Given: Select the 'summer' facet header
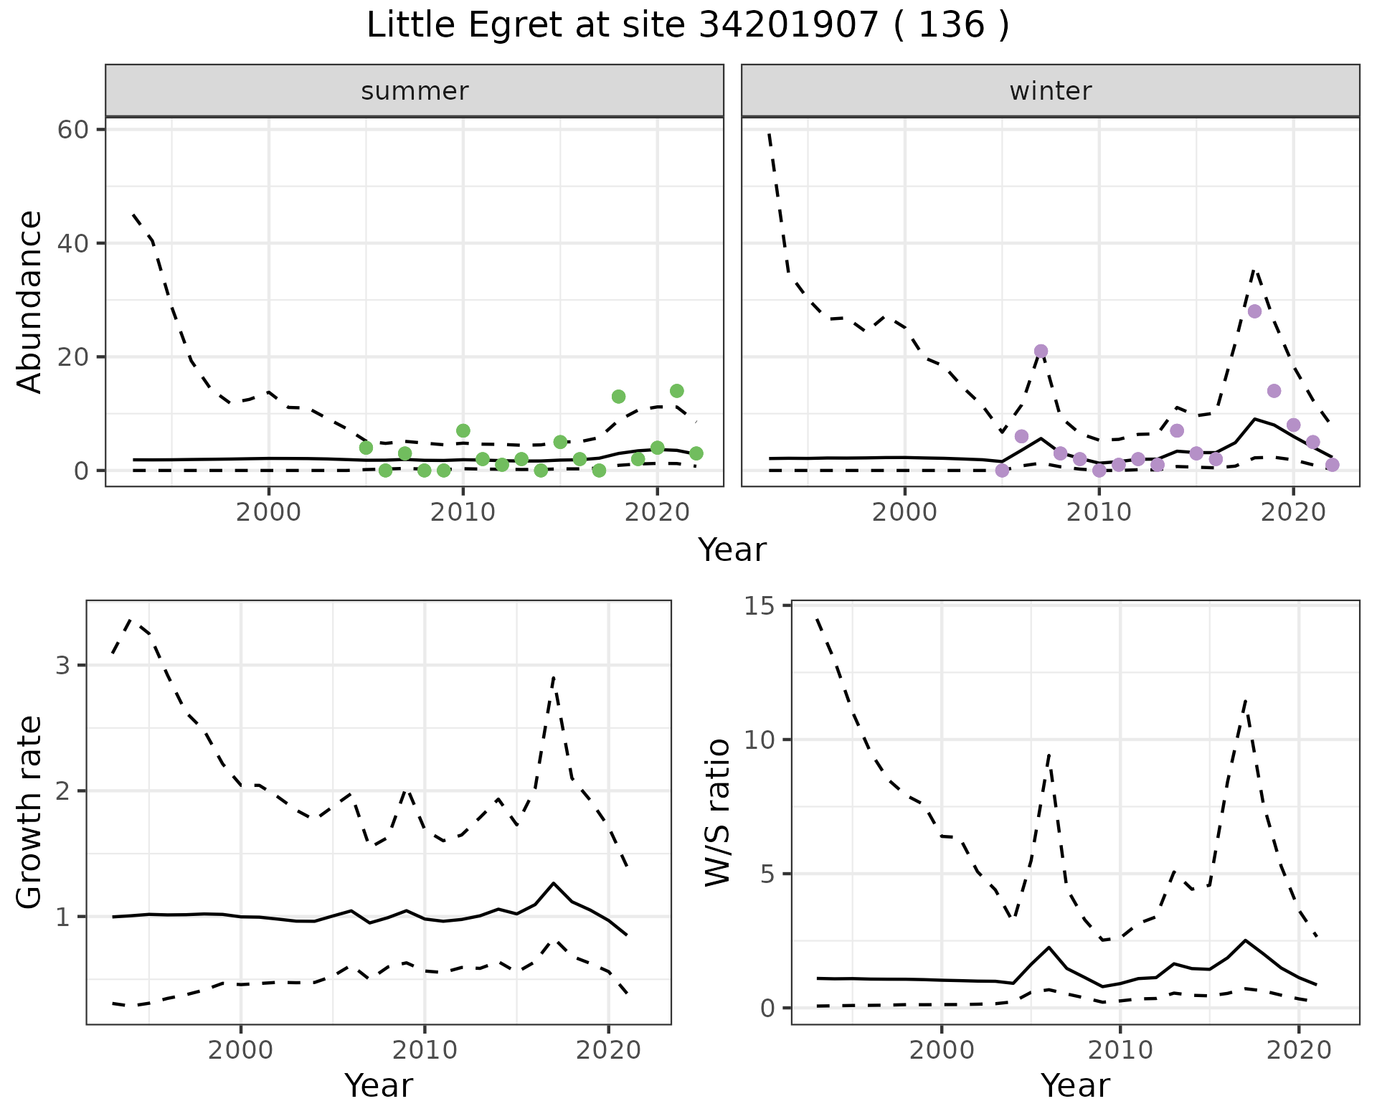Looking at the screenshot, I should click(x=415, y=91).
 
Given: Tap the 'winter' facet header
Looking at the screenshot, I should click(x=1050, y=91).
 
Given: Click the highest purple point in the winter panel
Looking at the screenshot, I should click(x=1254, y=311).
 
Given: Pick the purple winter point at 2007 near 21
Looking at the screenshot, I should click(x=1041, y=351).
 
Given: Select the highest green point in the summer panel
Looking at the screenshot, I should click(x=676, y=391).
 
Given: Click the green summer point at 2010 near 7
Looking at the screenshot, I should click(x=463, y=430).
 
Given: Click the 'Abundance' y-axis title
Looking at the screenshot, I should click(x=30, y=301).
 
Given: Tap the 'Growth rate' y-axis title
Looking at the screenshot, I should click(x=30, y=812).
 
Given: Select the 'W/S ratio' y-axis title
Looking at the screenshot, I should click(x=717, y=812).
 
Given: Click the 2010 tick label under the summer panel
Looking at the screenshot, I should click(x=463, y=512).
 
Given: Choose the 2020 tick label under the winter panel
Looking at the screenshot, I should click(x=1292, y=512).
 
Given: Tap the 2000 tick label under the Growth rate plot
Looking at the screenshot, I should click(x=241, y=1050).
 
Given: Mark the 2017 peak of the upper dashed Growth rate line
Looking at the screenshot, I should click(x=554, y=677).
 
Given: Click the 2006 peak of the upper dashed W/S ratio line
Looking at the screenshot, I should click(x=1049, y=754).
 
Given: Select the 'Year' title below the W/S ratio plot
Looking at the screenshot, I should click(x=1074, y=1085).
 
